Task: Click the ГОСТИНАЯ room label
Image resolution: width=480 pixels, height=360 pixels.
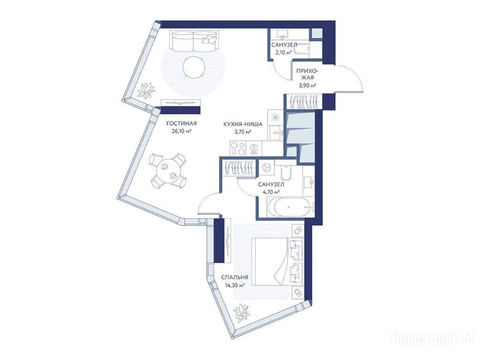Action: point(181,124)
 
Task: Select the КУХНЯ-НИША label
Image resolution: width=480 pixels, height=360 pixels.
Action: point(243,124)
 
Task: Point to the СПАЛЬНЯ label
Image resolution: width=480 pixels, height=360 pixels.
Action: point(234,277)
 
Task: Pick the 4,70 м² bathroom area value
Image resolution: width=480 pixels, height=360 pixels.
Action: point(271,192)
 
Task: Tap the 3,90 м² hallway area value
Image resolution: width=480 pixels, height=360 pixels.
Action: point(307,85)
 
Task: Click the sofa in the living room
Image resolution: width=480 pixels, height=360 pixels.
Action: point(194,41)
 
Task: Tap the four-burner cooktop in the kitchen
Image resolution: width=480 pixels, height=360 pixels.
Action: point(238,149)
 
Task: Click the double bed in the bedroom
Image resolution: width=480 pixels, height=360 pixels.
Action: point(277,262)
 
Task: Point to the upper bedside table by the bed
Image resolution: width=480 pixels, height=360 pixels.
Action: point(298,230)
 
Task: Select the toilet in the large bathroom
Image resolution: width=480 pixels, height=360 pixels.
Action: point(285,172)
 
